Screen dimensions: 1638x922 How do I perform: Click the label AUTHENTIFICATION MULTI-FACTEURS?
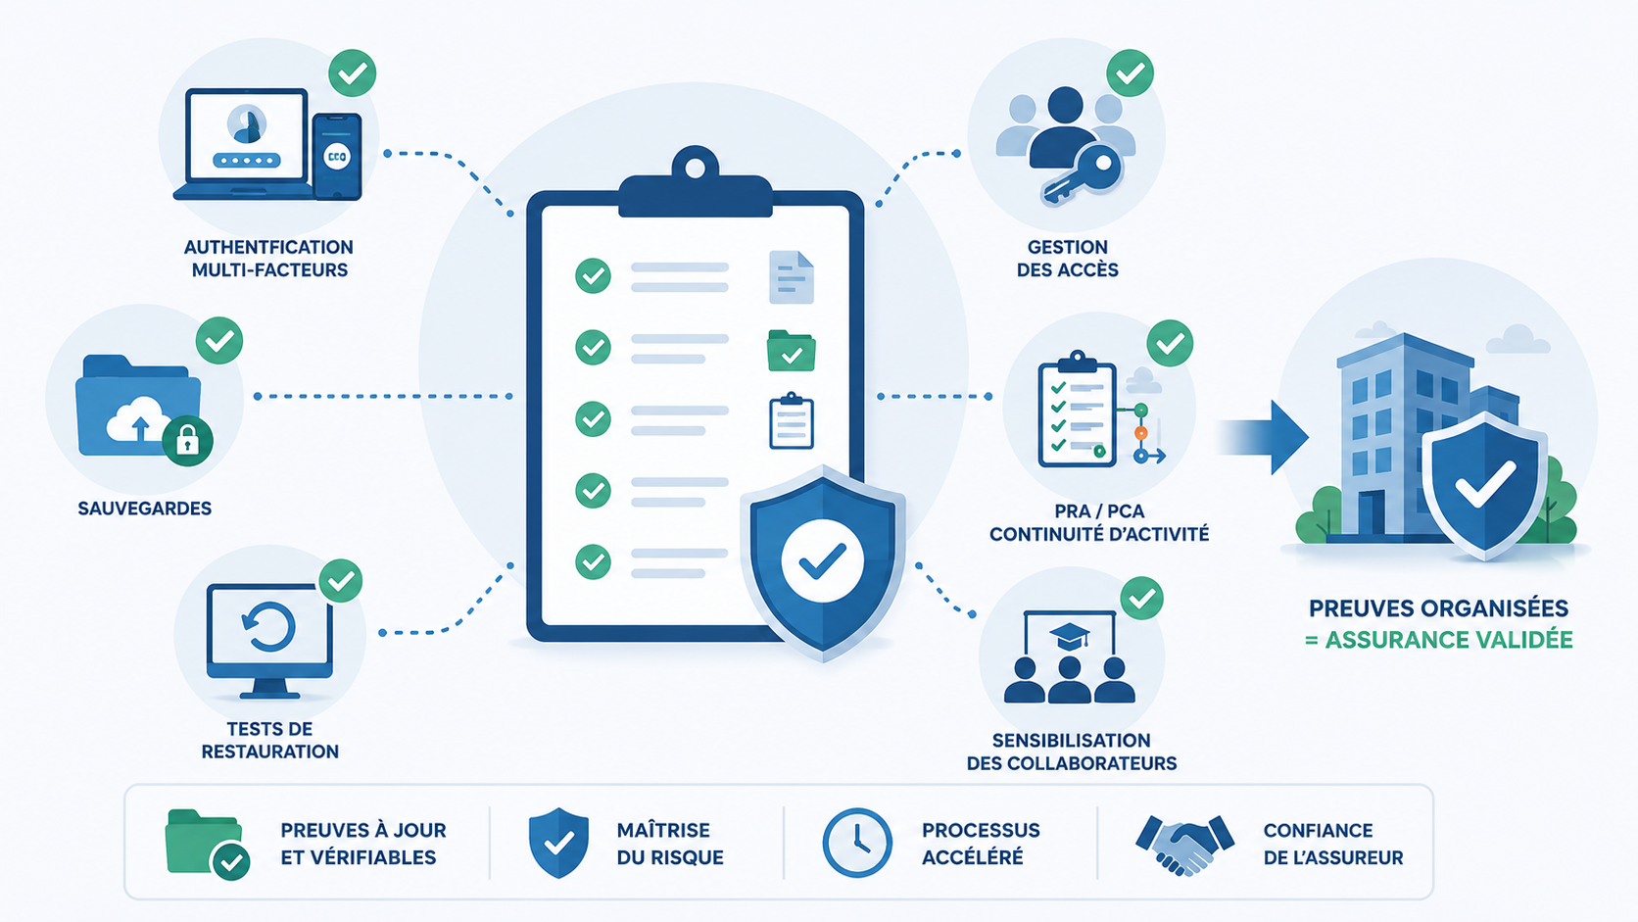pyautogui.click(x=268, y=258)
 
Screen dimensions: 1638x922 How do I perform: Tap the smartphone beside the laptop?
pyautogui.click(x=337, y=156)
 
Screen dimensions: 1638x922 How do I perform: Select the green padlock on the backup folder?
pyautogui.click(x=188, y=441)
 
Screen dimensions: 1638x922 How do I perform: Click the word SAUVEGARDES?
pyautogui.click(x=145, y=509)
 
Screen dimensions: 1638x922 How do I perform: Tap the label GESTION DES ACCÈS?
pyautogui.click(x=1068, y=258)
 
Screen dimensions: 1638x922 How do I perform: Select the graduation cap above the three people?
pyautogui.click(x=1069, y=635)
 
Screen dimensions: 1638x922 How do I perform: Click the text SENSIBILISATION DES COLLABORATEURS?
pyautogui.click(x=1072, y=752)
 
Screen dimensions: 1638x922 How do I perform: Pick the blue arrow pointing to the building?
pyautogui.click(x=1264, y=437)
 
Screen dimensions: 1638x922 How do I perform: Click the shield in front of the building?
pyautogui.click(x=1484, y=485)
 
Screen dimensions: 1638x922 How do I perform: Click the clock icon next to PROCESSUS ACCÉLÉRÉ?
pyautogui.click(x=857, y=843)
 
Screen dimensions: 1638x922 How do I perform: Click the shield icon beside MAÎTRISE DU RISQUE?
pyautogui.click(x=558, y=843)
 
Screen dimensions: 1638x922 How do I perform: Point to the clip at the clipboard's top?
pyautogui.click(x=696, y=182)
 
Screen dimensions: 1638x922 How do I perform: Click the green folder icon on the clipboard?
pyautogui.click(x=792, y=351)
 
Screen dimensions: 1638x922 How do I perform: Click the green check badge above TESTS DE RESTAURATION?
pyautogui.click(x=341, y=581)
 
